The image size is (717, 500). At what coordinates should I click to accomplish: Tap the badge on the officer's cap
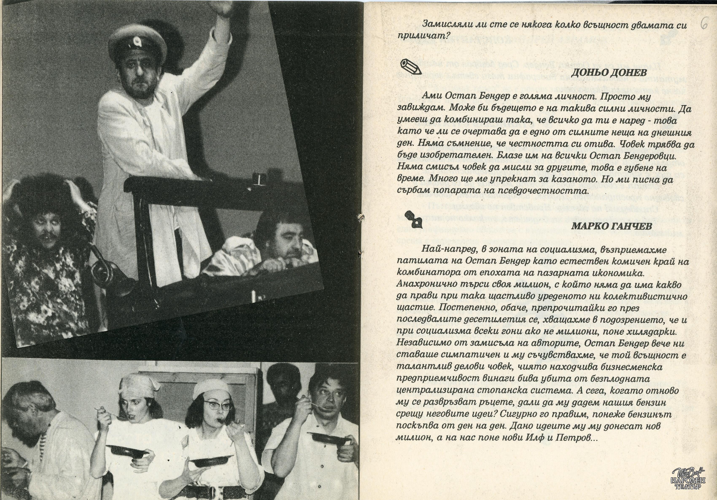(x=136, y=41)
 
